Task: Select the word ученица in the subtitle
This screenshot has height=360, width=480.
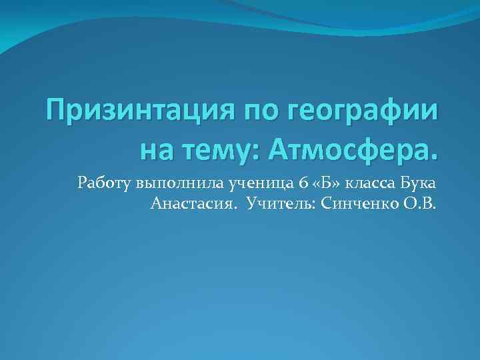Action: click(x=245, y=183)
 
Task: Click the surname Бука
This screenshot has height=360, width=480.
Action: click(x=417, y=181)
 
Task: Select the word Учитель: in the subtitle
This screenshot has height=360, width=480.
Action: click(x=281, y=203)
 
